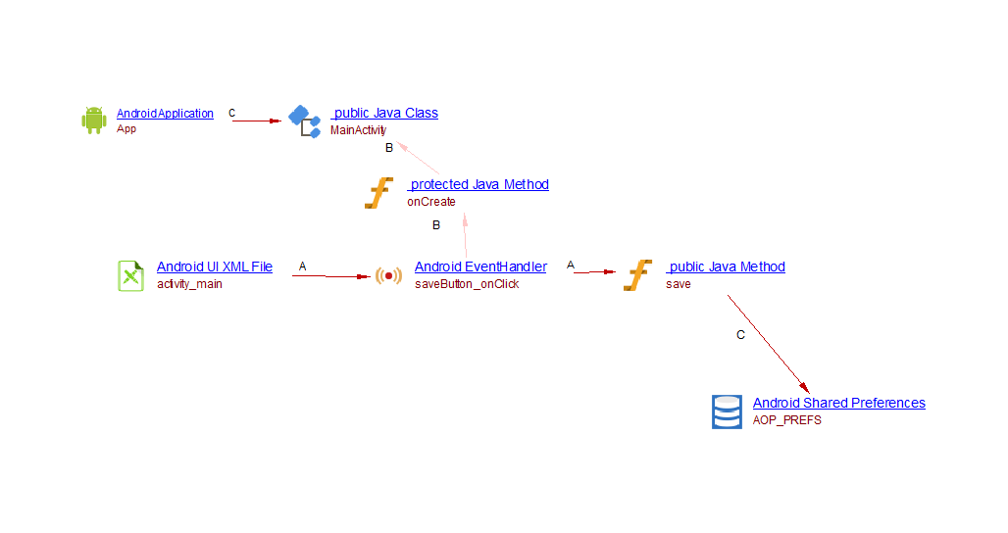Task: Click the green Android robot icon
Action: pyautogui.click(x=93, y=120)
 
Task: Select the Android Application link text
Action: pyautogui.click(x=165, y=114)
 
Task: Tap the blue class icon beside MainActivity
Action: pyautogui.click(x=304, y=121)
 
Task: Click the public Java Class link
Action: pyautogui.click(x=384, y=113)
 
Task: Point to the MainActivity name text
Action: pyautogui.click(x=358, y=129)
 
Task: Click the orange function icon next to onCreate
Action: pyautogui.click(x=378, y=193)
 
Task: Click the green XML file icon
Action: pyautogui.click(x=130, y=275)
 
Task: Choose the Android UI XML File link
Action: pyautogui.click(x=215, y=266)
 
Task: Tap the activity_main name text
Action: pyautogui.click(x=189, y=284)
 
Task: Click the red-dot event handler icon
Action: pyautogui.click(x=388, y=275)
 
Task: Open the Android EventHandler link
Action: pyautogui.click(x=480, y=266)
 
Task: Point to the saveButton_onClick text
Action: pyautogui.click(x=467, y=284)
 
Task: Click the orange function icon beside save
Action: pyautogui.click(x=638, y=275)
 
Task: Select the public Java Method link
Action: pyautogui.click(x=726, y=266)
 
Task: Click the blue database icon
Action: pyautogui.click(x=727, y=412)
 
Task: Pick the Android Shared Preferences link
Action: pyautogui.click(x=838, y=403)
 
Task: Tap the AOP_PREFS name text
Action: pyautogui.click(x=786, y=420)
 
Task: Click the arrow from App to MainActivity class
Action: pyautogui.click(x=257, y=121)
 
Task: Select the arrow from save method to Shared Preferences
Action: pyautogui.click(x=768, y=344)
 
